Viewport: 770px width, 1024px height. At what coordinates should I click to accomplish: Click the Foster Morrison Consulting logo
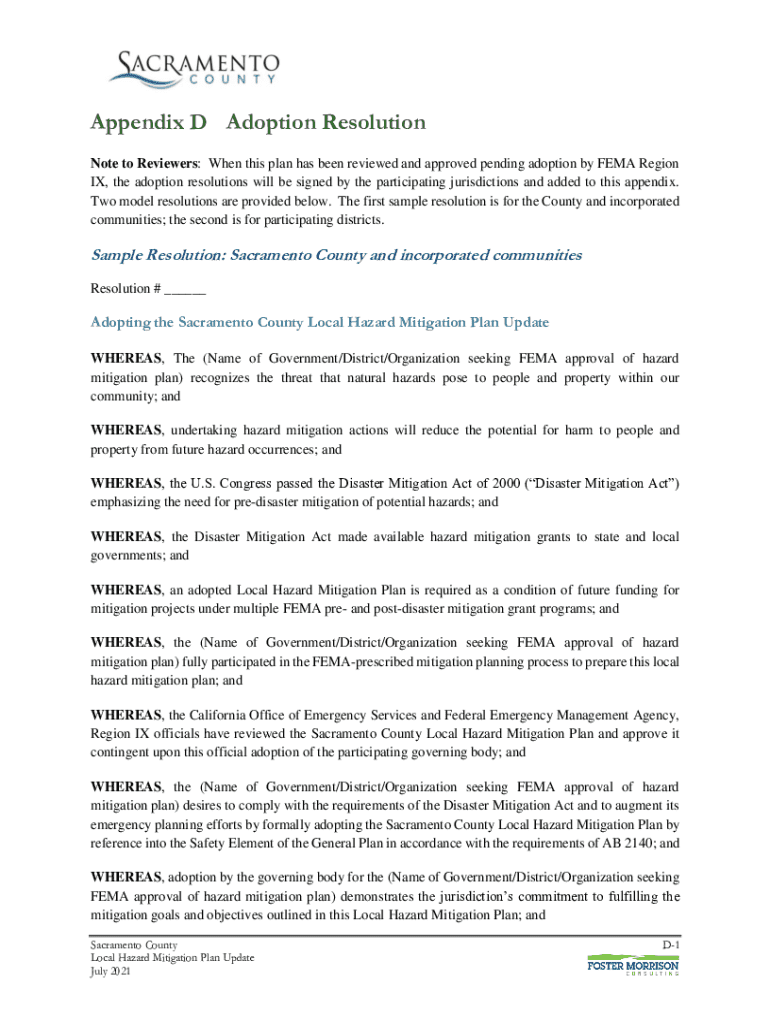click(632, 966)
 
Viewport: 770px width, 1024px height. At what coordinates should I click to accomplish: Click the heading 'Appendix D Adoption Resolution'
click(258, 123)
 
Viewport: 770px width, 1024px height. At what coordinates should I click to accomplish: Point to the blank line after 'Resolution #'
click(185, 289)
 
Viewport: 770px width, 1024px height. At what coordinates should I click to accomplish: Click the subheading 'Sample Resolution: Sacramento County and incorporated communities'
click(336, 255)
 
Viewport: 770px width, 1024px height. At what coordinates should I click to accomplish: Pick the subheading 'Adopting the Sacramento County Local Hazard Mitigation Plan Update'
click(320, 322)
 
